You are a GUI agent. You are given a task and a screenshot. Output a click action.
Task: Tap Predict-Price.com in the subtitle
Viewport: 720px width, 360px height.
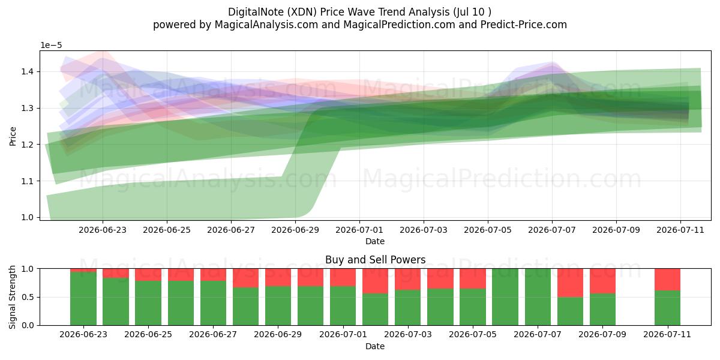coord(523,25)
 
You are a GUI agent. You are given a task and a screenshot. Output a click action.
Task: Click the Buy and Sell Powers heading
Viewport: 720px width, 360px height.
coord(375,260)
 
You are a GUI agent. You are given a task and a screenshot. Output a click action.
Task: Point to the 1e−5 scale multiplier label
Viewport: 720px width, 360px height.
coord(51,46)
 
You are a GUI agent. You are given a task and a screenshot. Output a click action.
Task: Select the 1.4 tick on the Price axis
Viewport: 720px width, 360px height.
coord(28,71)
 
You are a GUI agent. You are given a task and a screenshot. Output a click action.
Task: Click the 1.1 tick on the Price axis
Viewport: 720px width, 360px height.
coord(28,181)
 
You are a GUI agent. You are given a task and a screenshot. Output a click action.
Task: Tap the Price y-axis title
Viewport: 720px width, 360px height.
coord(13,136)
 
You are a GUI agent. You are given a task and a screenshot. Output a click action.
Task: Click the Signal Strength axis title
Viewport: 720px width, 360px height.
coord(12,297)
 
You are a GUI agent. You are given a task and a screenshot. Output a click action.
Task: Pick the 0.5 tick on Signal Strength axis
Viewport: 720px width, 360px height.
coord(28,298)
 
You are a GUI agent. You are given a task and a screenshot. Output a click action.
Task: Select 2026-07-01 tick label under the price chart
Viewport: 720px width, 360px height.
coord(359,230)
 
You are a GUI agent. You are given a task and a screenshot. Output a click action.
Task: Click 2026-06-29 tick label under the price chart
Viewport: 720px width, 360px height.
coord(295,230)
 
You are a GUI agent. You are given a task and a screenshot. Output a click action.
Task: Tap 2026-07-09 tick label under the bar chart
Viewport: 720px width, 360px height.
coord(602,335)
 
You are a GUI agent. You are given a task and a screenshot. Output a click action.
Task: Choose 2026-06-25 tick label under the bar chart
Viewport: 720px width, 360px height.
coord(148,335)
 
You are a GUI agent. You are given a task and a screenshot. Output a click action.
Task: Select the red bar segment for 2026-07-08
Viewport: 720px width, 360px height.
coord(570,283)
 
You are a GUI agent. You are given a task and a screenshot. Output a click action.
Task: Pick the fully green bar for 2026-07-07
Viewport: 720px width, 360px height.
coord(538,297)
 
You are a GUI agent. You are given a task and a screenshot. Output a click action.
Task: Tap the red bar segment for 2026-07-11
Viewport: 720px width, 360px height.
coord(668,280)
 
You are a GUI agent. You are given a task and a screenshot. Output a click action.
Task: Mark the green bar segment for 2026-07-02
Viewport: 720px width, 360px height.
coord(376,310)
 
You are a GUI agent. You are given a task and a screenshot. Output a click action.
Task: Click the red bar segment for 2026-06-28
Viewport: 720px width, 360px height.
coord(245,278)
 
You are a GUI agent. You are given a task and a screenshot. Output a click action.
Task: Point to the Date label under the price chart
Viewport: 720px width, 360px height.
coord(375,241)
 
